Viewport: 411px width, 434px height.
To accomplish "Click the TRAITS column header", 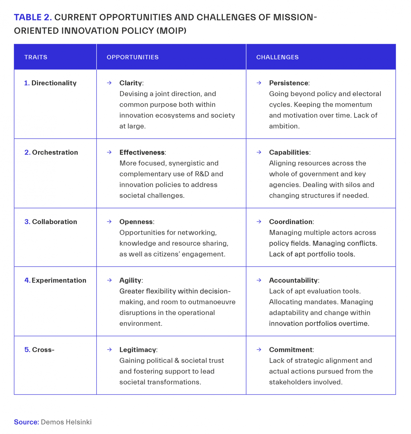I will [36, 57].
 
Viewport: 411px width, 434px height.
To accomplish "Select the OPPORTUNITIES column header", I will [132, 57].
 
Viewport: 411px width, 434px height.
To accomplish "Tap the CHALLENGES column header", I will [277, 57].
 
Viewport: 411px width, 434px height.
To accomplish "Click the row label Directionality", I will [54, 83].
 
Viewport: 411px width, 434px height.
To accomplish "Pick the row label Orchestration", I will [55, 153].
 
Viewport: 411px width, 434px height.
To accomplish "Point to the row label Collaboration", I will [54, 222].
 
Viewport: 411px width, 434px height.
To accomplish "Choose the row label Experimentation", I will [59, 280].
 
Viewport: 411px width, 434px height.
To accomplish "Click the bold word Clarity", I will [131, 83].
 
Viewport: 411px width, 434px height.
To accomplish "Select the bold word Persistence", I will [288, 83].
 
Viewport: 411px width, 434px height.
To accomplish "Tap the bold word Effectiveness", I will [142, 153].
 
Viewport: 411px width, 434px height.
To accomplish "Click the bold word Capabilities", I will [289, 153].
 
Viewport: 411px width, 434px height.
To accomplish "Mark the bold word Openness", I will [136, 222].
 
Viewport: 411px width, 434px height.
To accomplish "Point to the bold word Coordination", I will [291, 222].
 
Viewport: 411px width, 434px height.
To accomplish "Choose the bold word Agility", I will [130, 280].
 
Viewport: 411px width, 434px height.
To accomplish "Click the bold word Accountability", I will [293, 280].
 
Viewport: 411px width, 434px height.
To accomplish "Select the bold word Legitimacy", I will [138, 350].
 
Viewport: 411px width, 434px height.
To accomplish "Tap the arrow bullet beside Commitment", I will [259, 350].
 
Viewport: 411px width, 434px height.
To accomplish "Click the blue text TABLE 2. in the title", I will [33, 18].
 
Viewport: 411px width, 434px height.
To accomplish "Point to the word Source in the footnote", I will [26, 422].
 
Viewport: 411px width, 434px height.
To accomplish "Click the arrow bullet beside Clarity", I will [109, 83].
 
